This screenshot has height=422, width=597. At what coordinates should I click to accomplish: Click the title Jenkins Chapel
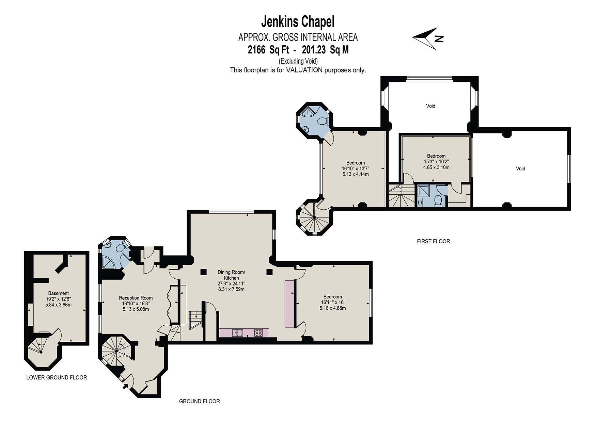(x=298, y=22)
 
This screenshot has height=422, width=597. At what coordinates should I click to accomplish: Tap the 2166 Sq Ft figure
(x=268, y=50)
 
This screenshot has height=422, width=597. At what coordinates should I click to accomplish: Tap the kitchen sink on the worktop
(x=237, y=333)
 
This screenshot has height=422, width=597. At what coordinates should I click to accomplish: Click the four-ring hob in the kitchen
(x=258, y=332)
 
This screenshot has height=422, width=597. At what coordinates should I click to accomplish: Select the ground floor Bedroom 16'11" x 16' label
(x=333, y=302)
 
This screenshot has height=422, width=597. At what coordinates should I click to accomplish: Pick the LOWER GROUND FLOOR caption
(x=57, y=377)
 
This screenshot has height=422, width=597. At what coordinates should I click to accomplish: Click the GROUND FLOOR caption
(x=200, y=401)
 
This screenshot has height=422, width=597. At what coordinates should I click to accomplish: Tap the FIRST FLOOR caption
(x=434, y=241)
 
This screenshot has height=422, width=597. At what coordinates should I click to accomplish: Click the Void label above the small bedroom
(x=430, y=106)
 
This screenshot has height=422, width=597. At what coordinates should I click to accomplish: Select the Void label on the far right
(x=520, y=168)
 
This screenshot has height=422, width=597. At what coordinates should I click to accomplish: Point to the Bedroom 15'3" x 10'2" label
(x=436, y=162)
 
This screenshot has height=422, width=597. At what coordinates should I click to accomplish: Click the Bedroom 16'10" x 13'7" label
(x=356, y=168)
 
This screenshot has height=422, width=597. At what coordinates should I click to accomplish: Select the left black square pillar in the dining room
(x=203, y=272)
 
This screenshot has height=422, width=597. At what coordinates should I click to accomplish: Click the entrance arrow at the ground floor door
(x=125, y=386)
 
